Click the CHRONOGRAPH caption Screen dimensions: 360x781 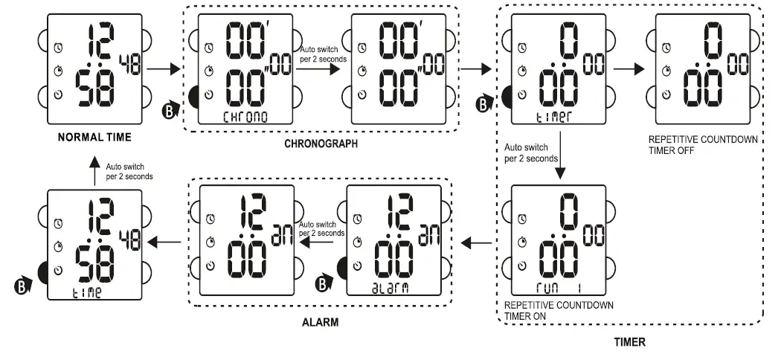point(321,144)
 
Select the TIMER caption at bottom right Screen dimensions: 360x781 point(629,342)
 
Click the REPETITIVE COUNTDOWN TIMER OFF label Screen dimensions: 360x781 point(693,143)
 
